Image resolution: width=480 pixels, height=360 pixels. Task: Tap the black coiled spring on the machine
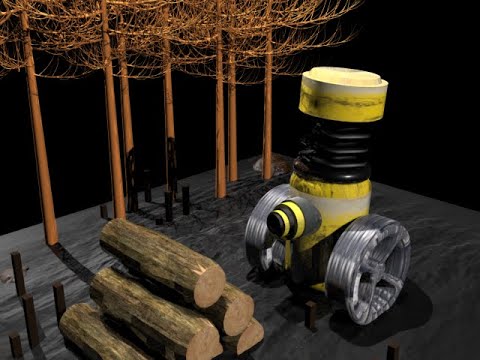334,151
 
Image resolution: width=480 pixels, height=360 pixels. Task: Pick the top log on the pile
160,259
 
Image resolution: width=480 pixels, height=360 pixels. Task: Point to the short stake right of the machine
393,351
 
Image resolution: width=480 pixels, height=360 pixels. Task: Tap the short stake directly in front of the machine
311,315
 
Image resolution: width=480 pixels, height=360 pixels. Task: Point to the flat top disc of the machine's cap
345,78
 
